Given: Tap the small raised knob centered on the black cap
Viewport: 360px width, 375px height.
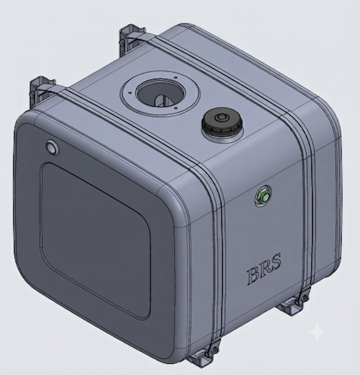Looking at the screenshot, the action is (x=220, y=117).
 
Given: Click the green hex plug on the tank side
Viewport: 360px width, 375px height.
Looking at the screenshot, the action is (x=264, y=196).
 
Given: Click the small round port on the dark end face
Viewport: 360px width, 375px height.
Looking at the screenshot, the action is (x=52, y=146).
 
